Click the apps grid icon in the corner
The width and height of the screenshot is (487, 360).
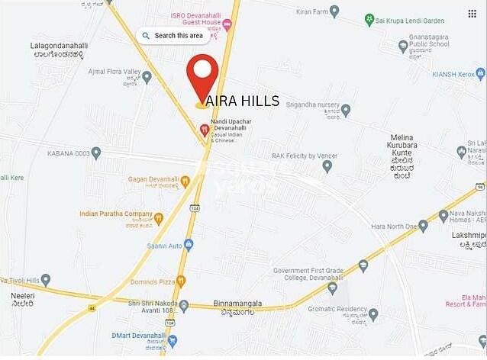pos(472,14)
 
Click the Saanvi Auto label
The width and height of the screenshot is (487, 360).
pos(164,246)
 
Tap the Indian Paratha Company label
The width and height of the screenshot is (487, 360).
pos(116,214)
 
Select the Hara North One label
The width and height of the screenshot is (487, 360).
pos(395,226)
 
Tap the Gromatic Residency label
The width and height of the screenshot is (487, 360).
pos(338,309)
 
